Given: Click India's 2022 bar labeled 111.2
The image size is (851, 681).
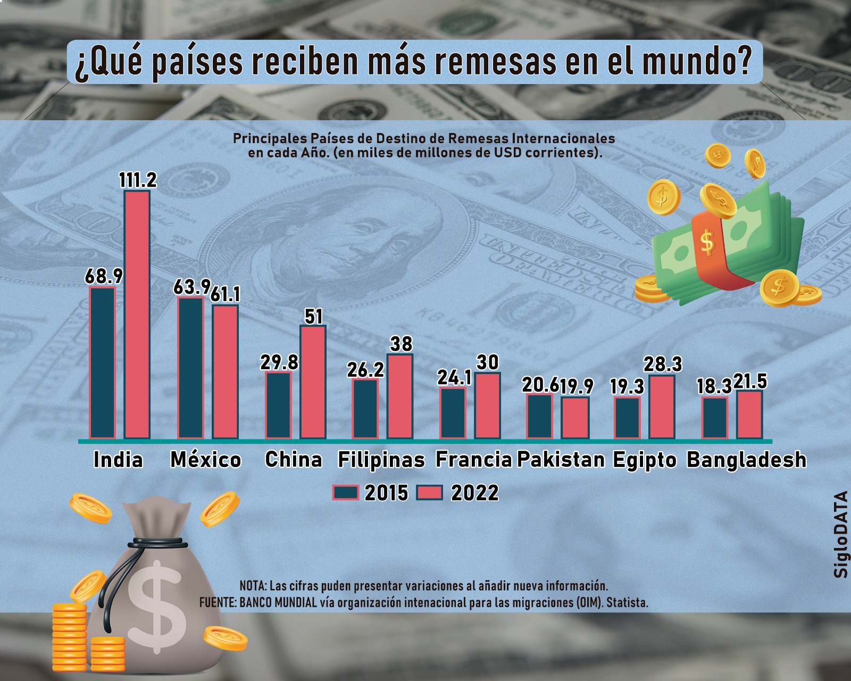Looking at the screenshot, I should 137,314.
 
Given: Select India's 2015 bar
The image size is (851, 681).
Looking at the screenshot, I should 102,362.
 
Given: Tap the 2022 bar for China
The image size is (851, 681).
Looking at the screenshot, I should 313,382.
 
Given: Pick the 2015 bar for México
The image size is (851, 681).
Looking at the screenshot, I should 190,368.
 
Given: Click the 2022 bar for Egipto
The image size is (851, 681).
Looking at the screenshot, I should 662,407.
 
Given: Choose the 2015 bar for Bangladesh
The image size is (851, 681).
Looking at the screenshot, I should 715,418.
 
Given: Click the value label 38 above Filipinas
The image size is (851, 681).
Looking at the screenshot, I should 401,344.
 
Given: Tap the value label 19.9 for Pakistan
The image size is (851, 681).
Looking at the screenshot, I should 576,386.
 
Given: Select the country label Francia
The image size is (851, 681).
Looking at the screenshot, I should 473,460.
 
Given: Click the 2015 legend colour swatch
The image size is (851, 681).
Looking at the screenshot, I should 346,493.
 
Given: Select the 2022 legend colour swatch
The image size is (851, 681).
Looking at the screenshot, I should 429,493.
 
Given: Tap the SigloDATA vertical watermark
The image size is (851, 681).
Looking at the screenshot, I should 840,534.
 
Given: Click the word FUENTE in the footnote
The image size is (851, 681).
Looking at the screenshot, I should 217,603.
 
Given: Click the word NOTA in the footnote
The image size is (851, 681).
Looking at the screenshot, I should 252,586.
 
